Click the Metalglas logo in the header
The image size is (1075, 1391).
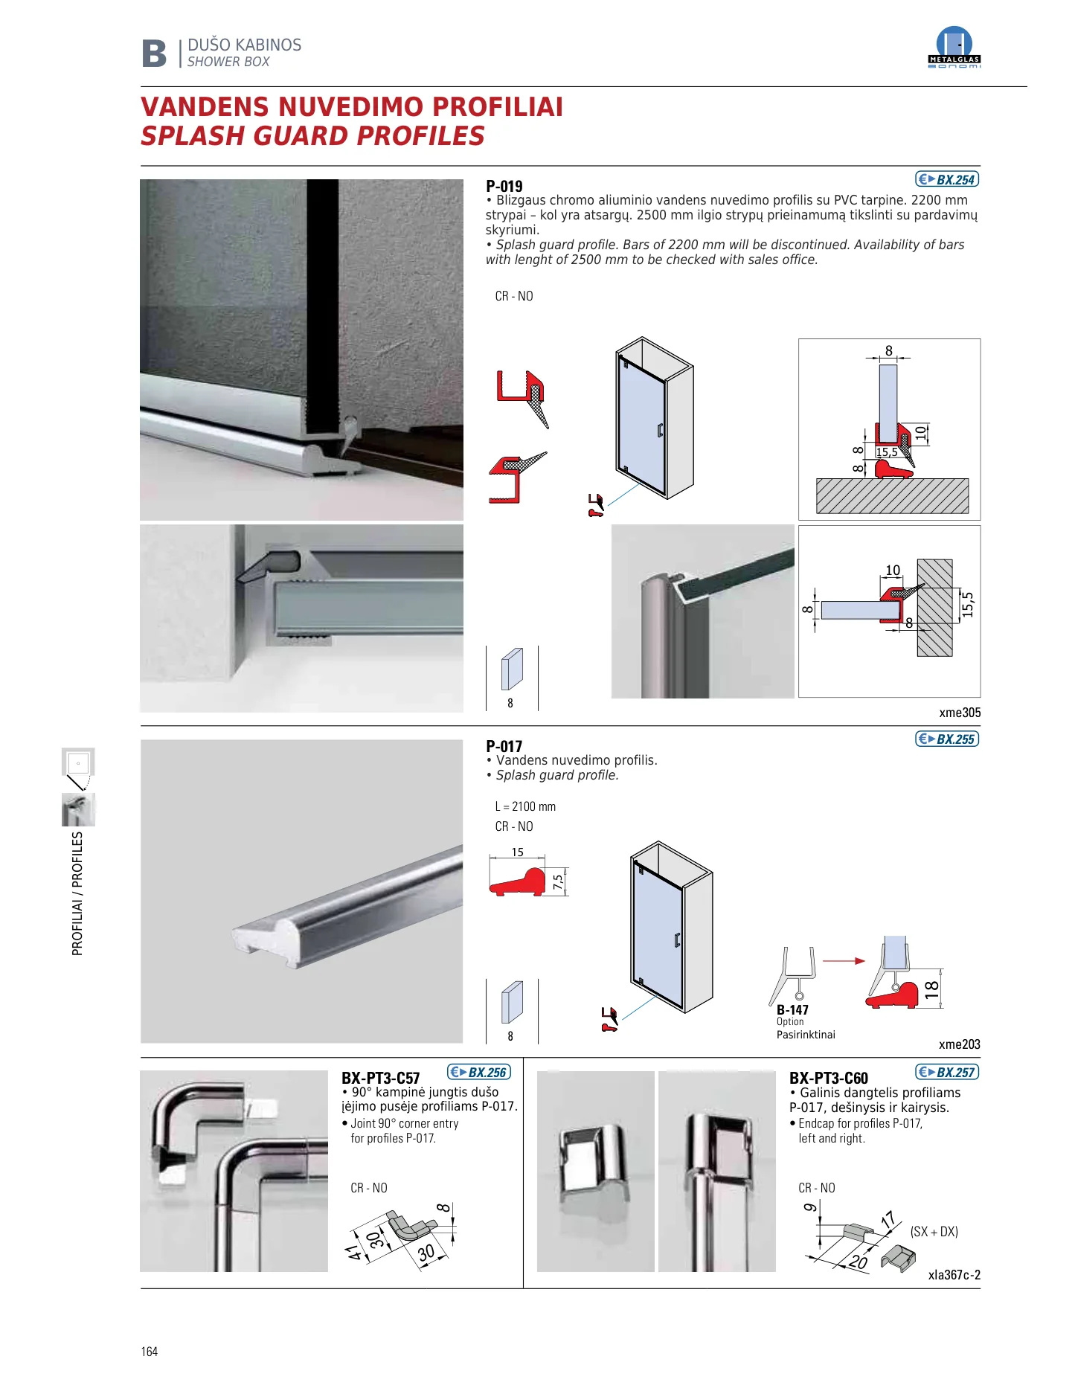coord(954,48)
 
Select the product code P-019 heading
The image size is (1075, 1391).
coord(504,186)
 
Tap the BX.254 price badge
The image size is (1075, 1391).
coord(947,179)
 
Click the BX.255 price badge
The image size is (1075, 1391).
coord(947,739)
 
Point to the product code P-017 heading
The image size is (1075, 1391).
coord(504,746)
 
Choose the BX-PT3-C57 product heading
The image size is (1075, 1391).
coord(381,1078)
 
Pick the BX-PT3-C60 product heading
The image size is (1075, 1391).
coord(829,1078)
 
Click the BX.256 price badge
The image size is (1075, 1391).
coord(479,1072)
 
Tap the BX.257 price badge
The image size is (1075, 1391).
coord(947,1072)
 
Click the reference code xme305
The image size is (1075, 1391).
coord(960,713)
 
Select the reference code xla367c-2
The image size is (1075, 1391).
coord(954,1275)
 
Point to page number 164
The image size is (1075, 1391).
coord(150,1352)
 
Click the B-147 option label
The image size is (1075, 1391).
coord(792,1009)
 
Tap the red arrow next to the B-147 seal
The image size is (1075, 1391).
coord(844,961)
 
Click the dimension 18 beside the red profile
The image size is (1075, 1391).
coord(931,989)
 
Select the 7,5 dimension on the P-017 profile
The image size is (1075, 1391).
coord(558,882)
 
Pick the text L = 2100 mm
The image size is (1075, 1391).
coord(525,806)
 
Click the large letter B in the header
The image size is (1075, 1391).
coord(155,54)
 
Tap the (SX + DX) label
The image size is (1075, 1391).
coord(934,1231)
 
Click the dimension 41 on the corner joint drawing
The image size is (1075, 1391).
coord(356,1253)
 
